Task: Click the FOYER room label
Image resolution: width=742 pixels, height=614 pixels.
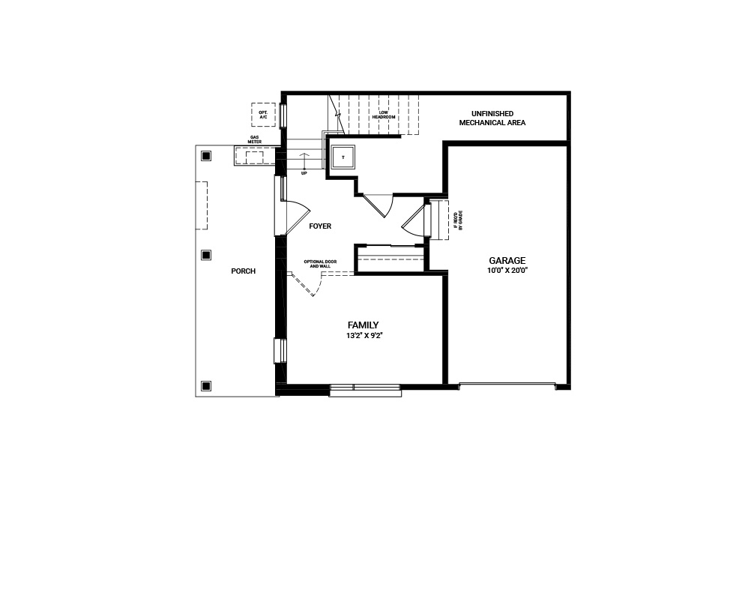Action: pos(320,226)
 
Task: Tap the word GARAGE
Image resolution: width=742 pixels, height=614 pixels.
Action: pos(507,261)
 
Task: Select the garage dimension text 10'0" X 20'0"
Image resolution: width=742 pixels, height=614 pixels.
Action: pos(507,270)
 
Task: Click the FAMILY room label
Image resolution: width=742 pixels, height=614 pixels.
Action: pos(363,325)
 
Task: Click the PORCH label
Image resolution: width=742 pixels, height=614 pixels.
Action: pos(243,271)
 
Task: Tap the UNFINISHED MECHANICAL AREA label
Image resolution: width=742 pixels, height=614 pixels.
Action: pos(492,118)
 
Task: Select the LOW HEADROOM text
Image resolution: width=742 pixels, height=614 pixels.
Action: pos(384,115)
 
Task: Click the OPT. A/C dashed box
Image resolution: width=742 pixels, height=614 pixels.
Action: pos(263,115)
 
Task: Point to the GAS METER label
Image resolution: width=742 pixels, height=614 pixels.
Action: pos(255,139)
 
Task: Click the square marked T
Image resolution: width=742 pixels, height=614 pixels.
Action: pos(343,157)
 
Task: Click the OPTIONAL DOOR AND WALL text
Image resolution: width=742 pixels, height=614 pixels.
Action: pos(320,263)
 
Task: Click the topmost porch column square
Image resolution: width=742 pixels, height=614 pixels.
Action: pos(206,156)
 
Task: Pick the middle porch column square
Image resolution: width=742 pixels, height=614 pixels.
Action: pos(206,255)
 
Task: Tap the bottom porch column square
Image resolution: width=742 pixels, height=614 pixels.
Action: pos(206,386)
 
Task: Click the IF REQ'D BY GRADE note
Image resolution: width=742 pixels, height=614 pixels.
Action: pos(457,219)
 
